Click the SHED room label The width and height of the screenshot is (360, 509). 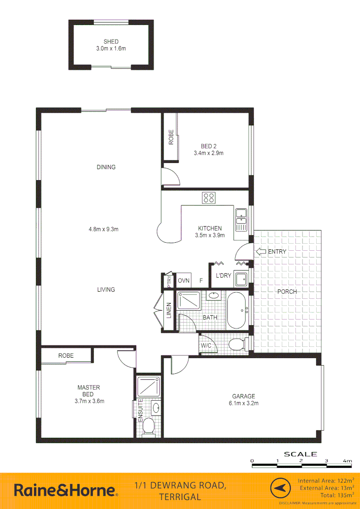[111, 41]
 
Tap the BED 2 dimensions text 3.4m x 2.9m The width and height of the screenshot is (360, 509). [208, 153]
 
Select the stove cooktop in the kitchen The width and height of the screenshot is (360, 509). [209, 198]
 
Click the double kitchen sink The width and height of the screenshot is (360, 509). [241, 219]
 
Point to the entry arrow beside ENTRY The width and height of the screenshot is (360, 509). [260, 251]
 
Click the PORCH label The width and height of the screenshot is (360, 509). [287, 292]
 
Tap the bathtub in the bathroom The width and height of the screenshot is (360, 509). [237, 311]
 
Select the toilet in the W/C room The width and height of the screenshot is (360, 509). [238, 345]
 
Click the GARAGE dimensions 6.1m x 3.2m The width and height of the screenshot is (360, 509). [243, 403]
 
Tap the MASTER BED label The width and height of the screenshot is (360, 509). [89, 391]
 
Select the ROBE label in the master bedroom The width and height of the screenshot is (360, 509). [66, 356]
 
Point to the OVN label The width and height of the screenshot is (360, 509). [184, 281]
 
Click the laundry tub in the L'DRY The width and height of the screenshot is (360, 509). [242, 279]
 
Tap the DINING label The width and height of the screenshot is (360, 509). [106, 167]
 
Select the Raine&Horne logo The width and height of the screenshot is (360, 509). [65, 490]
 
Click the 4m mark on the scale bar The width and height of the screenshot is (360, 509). [348, 460]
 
